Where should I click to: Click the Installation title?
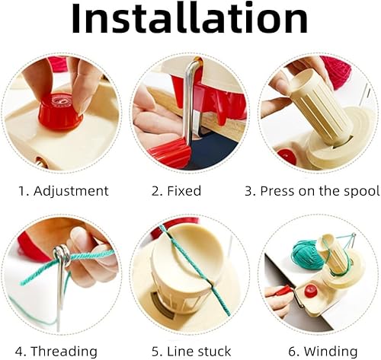point(190,19)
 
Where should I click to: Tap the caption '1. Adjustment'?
point(63,191)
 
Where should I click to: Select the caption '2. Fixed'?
point(176,191)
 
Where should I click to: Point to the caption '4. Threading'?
point(56,352)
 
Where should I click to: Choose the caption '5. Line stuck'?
point(191,352)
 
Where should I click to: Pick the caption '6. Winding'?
point(323,352)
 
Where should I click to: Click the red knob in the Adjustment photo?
point(60,110)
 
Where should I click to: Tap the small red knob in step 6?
point(309,292)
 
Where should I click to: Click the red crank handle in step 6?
point(284,291)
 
